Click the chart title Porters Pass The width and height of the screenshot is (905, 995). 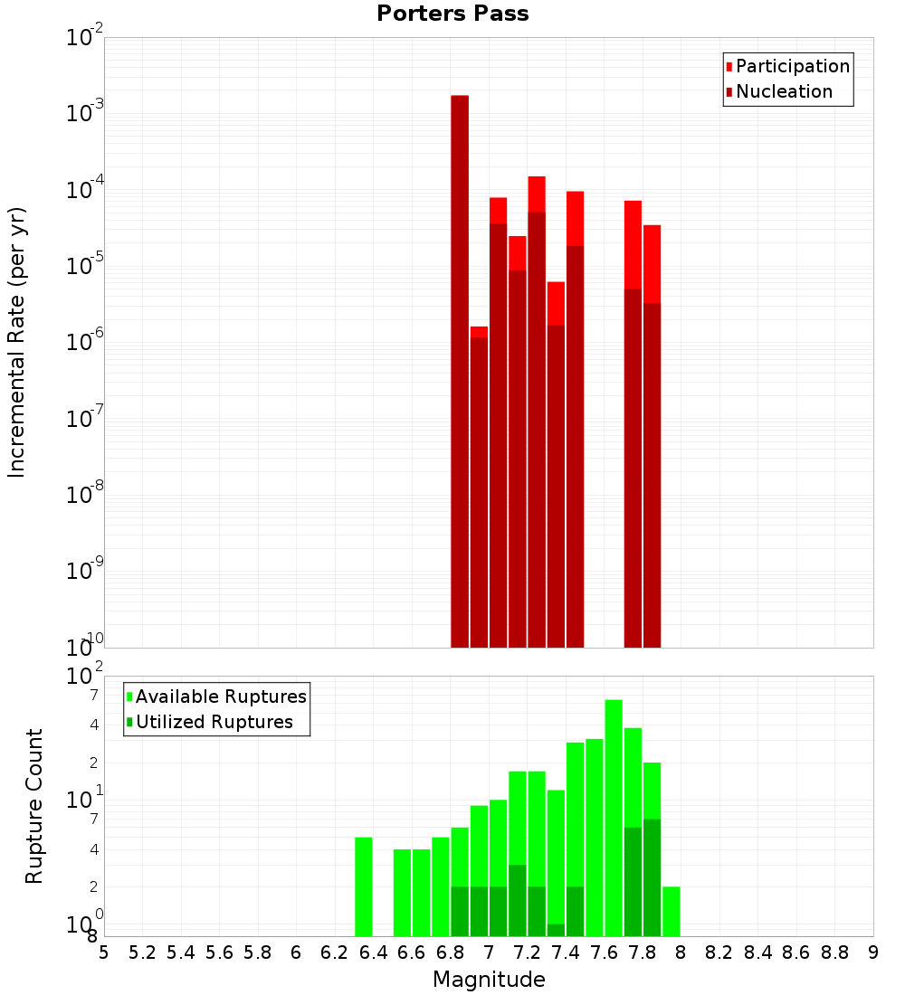pos(452,14)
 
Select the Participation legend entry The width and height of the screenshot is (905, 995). pos(792,66)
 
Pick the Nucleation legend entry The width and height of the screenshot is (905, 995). pos(783,91)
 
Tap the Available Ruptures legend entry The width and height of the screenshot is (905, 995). pos(220,696)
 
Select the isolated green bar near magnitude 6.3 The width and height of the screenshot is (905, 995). pos(363,886)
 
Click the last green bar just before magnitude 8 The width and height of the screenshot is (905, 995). pos(671,911)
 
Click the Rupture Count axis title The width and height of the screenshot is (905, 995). pos(34,806)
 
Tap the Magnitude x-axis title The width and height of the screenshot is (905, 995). pos(489,980)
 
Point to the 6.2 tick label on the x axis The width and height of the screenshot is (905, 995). pos(334,952)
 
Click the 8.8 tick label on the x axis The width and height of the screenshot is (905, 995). pos(834,952)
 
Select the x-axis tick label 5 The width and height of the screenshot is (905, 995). pos(104,952)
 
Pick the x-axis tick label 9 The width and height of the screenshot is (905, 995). pos(872,952)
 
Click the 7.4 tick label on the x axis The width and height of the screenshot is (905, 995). pos(565,952)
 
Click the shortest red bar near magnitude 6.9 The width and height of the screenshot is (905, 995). pos(479,488)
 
